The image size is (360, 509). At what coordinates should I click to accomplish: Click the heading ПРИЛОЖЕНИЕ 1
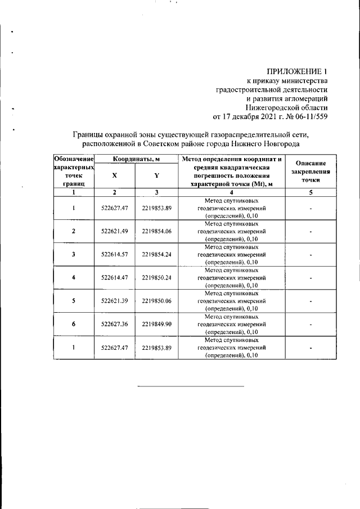coord(296,71)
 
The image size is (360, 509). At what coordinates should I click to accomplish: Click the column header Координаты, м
coord(136,160)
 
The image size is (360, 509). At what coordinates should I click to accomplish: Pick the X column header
coord(114,175)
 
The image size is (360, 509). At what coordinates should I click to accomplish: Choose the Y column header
coord(157,175)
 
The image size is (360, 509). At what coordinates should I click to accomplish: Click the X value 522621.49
coord(115,231)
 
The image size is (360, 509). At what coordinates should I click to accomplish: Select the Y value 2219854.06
coord(157,231)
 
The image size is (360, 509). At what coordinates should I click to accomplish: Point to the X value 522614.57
coord(115,254)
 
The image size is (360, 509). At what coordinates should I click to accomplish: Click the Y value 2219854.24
coord(157,254)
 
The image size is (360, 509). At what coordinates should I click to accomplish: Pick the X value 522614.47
coord(115,277)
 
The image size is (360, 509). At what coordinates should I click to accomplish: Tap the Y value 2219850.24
coord(157,277)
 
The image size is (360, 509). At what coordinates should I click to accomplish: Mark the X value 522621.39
coord(115,301)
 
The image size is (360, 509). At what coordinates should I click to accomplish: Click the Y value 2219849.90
coord(157,324)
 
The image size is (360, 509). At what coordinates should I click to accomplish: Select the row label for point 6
coord(74,324)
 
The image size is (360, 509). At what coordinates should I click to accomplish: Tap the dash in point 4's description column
coord(310,277)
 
